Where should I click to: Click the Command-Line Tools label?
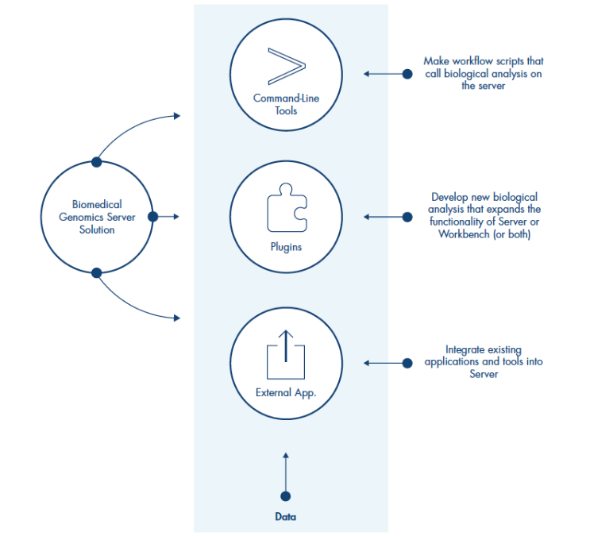[286, 105]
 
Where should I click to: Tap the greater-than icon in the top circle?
[286, 66]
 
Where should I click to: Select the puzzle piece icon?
[286, 208]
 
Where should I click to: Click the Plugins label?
[286, 247]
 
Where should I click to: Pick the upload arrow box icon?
[286, 354]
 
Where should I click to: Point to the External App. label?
[286, 392]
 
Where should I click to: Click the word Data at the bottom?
[285, 517]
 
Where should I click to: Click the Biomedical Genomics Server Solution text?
[97, 217]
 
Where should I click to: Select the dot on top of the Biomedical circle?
[97, 161]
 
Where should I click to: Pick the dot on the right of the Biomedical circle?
[152, 216]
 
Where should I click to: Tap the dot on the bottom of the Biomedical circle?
[97, 272]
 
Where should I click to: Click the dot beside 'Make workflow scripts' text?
[407, 74]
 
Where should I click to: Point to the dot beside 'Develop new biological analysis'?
[407, 216]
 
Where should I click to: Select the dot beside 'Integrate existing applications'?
[407, 363]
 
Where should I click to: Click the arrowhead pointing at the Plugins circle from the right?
[368, 216]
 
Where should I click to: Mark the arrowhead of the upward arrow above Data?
[286, 455]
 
